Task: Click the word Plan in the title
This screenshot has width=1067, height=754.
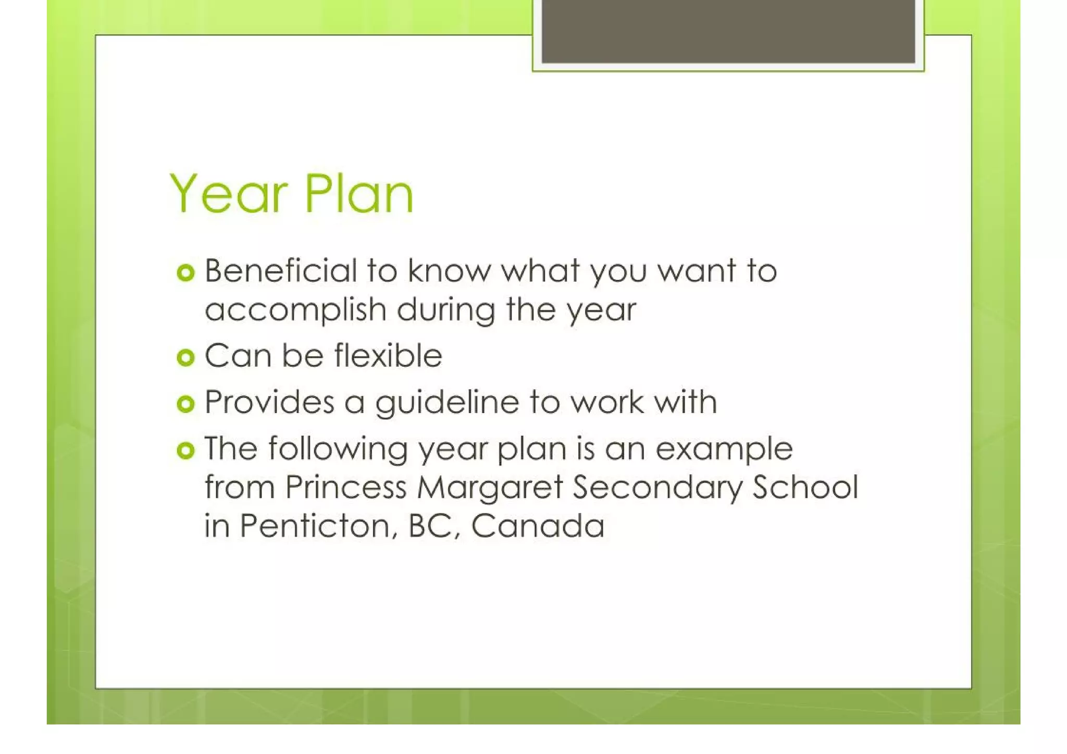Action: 359,194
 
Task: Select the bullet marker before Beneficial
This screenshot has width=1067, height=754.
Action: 185,273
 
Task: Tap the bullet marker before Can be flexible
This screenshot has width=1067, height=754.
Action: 185,357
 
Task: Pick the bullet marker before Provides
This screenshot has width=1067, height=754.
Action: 185,404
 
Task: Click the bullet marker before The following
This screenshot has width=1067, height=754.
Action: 185,450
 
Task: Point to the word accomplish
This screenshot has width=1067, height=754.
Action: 295,310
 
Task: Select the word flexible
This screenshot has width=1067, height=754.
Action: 388,356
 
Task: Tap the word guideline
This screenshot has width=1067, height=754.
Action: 447,403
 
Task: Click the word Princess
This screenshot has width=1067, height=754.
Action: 345,487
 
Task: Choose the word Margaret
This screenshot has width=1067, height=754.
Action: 490,487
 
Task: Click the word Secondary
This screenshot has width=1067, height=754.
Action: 657,487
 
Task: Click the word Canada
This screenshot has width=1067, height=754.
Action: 538,526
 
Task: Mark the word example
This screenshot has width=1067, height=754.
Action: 724,449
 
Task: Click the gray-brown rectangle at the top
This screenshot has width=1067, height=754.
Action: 728,31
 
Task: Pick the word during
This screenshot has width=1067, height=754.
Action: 445,311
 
